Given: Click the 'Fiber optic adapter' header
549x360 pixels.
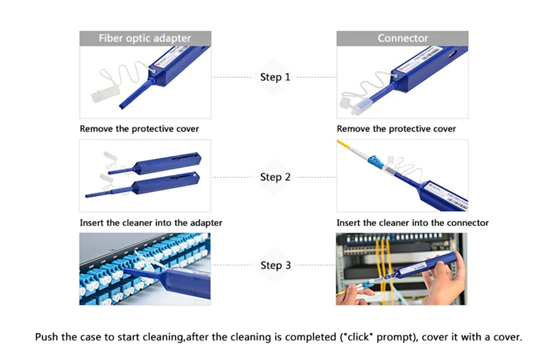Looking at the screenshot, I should [x=145, y=38].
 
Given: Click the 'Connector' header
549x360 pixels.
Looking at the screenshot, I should [x=402, y=38].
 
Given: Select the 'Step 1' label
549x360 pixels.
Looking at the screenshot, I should [x=275, y=77].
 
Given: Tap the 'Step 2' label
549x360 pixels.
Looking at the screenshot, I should [x=275, y=177].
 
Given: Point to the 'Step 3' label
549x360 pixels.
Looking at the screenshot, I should [x=275, y=265].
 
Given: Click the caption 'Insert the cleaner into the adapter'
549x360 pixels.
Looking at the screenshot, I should [x=151, y=222].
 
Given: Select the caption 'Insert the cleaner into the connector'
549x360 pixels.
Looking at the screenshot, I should [x=412, y=222].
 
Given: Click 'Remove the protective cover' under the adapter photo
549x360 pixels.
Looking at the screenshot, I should [x=140, y=129].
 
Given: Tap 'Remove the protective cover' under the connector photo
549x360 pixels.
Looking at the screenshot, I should [x=396, y=129].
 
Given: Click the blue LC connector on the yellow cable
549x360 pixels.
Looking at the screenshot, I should [x=375, y=161].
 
